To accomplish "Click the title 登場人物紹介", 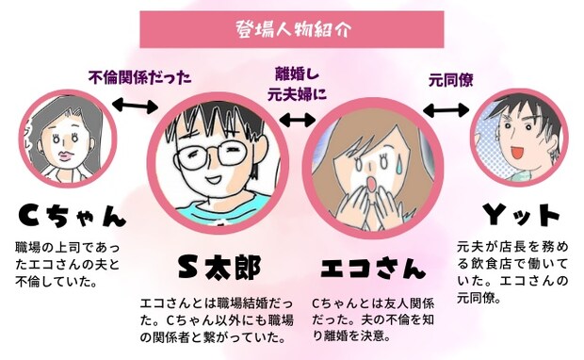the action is (x=291, y=28).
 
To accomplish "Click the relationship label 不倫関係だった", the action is (x=133, y=77).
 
